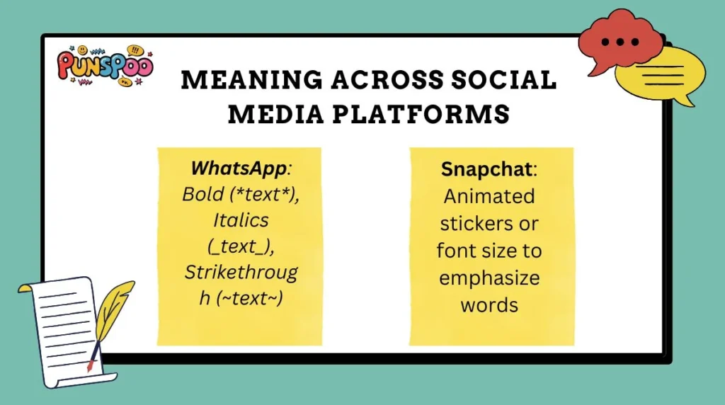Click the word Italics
pos(241,220)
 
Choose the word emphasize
pos(489,278)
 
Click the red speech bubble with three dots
pos(621,42)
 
